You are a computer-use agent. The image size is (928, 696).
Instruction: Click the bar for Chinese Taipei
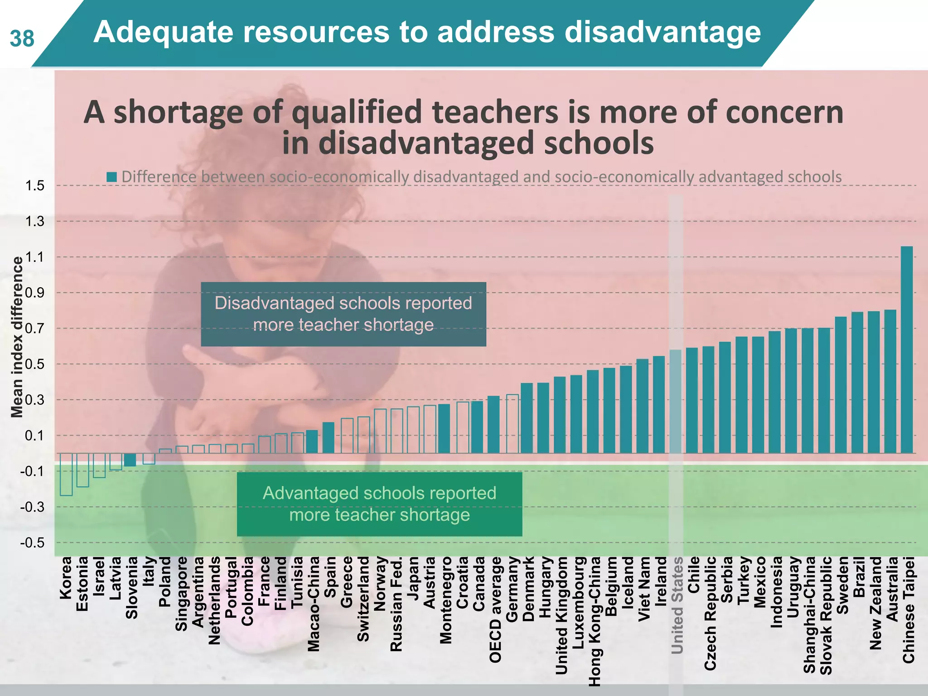[907, 350]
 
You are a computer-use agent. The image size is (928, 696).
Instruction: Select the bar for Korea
[66, 474]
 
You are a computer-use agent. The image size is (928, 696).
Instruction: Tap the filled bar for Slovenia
[130, 460]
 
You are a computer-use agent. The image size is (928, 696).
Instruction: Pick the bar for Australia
[890, 382]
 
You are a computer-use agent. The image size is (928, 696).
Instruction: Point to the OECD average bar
[493, 425]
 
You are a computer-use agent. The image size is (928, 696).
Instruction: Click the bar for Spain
[329, 438]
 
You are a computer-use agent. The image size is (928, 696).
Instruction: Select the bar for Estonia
[82, 470]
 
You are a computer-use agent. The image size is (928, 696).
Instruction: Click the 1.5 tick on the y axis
[35, 185]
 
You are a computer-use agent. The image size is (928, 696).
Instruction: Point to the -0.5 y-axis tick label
[32, 542]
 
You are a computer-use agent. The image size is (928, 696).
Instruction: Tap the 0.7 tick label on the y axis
[35, 328]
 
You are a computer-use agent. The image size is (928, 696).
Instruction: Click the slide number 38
[22, 39]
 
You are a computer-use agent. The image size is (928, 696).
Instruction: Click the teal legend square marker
[111, 177]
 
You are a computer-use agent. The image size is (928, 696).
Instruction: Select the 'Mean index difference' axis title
[17, 337]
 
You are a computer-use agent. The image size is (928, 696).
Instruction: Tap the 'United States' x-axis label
[677, 605]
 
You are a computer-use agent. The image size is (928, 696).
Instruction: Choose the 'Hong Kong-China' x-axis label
[594, 621]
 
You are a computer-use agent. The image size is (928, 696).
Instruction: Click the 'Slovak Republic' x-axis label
[826, 615]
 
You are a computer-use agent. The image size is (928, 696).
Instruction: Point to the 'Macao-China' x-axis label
[313, 604]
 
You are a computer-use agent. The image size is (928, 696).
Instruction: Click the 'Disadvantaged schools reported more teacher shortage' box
[343, 314]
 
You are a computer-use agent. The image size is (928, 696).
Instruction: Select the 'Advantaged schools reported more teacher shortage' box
[379, 504]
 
